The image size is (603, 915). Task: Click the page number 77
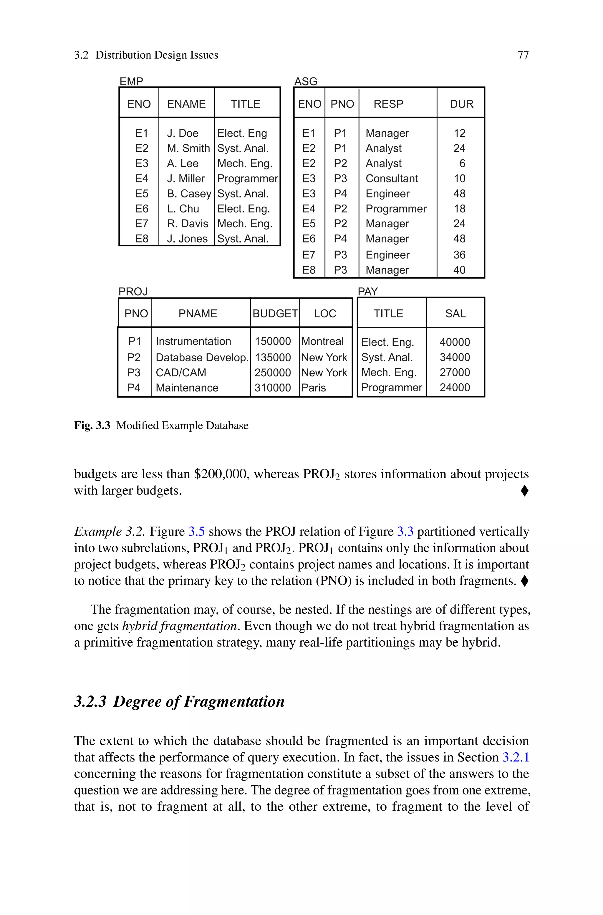(523, 55)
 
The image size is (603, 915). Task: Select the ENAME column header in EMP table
(186, 104)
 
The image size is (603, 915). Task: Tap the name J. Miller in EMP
(186, 179)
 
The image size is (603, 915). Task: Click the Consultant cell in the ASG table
(392, 179)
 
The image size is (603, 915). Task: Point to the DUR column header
(461, 104)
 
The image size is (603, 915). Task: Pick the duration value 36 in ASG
(459, 255)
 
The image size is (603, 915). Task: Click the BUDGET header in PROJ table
(275, 314)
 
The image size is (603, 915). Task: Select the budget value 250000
(272, 372)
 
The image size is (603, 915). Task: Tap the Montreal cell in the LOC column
(322, 341)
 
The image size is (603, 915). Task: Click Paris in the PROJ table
(313, 388)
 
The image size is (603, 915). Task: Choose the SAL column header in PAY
(455, 314)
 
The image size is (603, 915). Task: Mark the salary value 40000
(455, 342)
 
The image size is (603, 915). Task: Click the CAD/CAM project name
(181, 372)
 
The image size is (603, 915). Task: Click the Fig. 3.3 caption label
(92, 426)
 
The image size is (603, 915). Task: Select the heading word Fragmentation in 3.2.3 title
(234, 701)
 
